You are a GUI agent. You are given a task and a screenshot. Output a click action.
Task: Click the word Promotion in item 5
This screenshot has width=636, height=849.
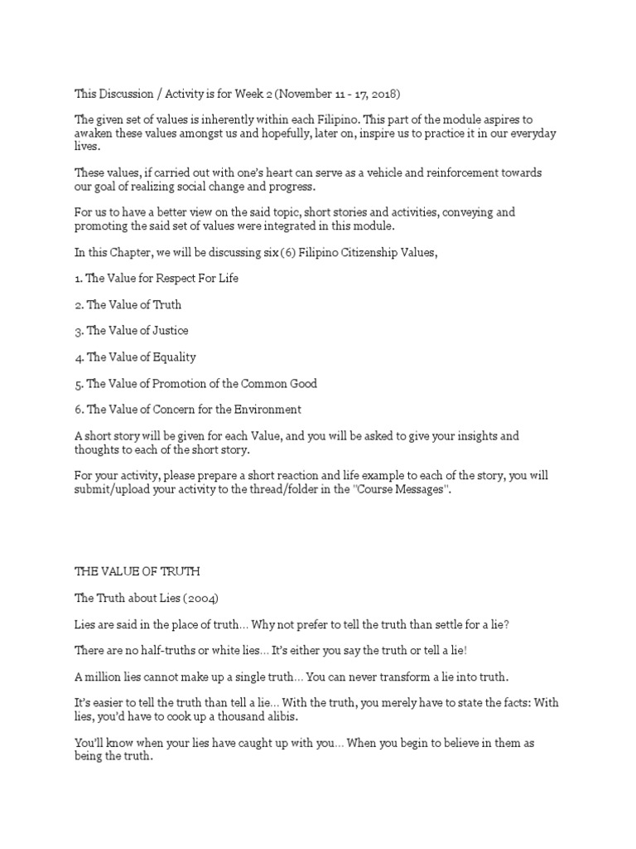click(179, 384)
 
